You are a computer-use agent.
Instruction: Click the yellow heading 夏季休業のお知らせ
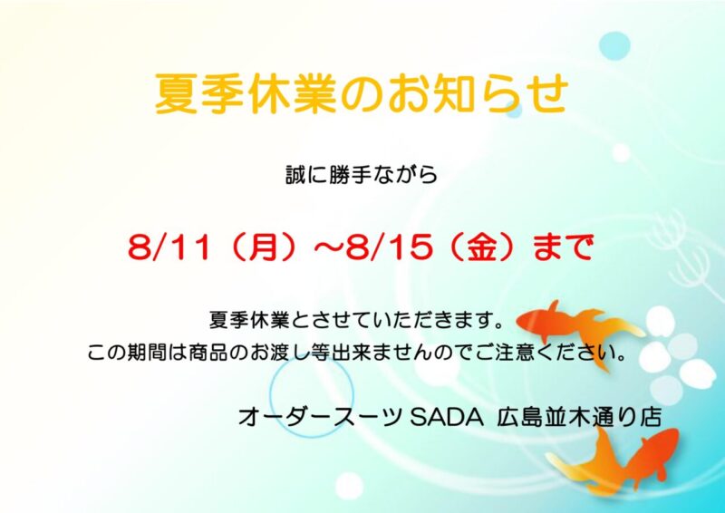coord(361,93)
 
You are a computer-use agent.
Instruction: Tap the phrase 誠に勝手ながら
coord(361,175)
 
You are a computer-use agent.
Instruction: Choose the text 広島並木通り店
coord(579,418)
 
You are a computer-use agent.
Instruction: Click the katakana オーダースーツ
coord(322,418)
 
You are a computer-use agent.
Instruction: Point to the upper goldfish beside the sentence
coord(580,332)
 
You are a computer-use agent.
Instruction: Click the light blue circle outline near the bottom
coord(269,397)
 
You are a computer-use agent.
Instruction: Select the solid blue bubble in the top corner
coord(614,46)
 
